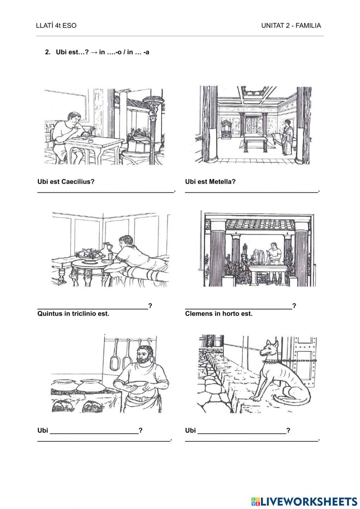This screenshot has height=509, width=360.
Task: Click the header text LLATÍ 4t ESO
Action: pos(56,26)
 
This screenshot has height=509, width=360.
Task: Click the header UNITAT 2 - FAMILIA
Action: pos(291,26)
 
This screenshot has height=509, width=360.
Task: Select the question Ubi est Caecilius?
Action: pos(66,182)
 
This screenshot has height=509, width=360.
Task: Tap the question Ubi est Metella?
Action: pos(210,182)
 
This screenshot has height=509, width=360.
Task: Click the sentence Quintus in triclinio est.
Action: pos(73,314)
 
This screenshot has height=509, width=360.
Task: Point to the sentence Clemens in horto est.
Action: pos(219,314)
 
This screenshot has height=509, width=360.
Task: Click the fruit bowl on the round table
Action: pos(91,254)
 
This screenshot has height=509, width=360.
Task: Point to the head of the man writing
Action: pos(75,119)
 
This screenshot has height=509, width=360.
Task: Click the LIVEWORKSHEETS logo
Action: pos(304,501)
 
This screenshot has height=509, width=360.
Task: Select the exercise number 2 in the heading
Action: pos(48,52)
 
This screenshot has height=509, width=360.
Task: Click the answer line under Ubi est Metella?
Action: pos(252,192)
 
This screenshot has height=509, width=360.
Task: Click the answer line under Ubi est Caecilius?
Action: pos(105,192)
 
